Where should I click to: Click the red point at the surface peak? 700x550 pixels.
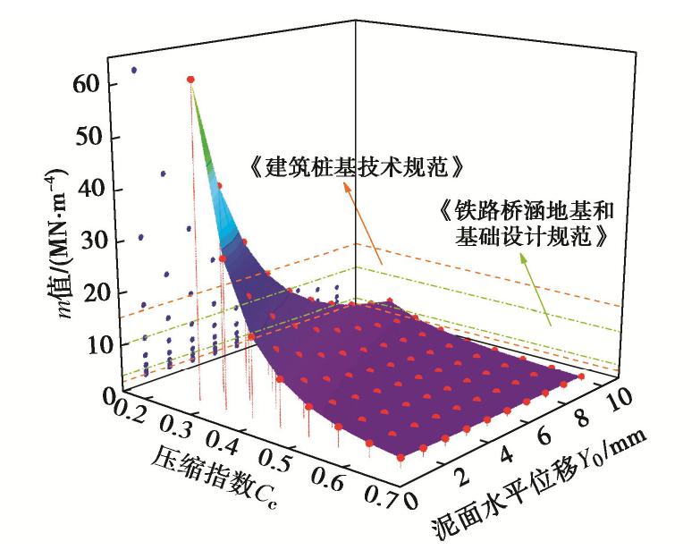(190, 79)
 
